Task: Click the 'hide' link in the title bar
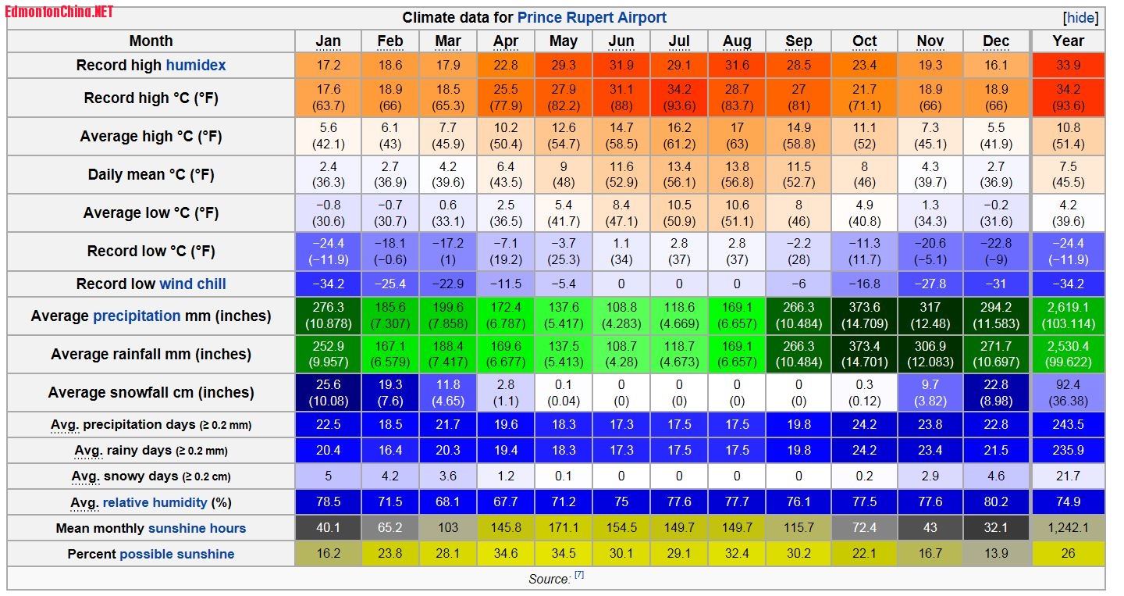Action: tap(1081, 18)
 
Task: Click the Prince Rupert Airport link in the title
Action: tap(592, 18)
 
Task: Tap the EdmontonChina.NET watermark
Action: tap(59, 11)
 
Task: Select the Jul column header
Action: tap(679, 41)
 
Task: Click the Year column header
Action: tap(1068, 41)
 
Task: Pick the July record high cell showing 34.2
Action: tap(679, 98)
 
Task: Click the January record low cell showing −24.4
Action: tap(329, 251)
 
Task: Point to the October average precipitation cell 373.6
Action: tap(864, 316)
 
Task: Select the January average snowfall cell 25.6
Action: tap(329, 392)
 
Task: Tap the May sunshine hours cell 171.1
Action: tap(564, 528)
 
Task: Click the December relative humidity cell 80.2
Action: tap(996, 502)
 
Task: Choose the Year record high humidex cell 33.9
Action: tap(1068, 66)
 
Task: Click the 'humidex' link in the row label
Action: tap(195, 66)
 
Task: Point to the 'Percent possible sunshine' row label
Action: tap(151, 554)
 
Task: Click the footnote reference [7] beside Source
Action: tap(579, 576)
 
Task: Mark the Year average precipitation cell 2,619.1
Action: tap(1068, 316)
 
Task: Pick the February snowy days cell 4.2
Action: tap(389, 476)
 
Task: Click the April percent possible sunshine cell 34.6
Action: tap(506, 554)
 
